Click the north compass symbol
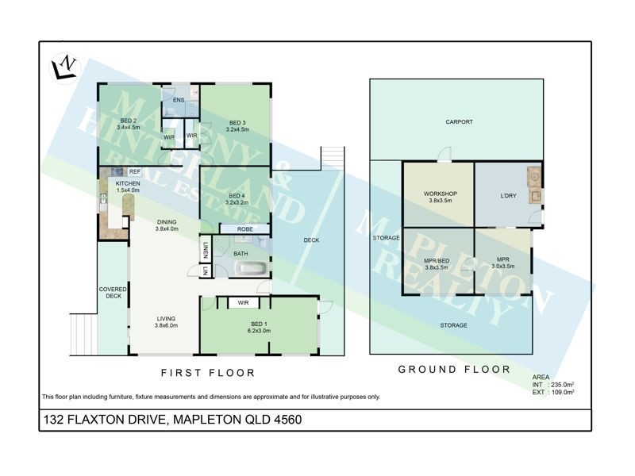pyautogui.click(x=63, y=65)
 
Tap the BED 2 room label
pyautogui.click(x=128, y=121)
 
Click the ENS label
pyautogui.click(x=179, y=100)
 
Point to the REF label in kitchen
pyautogui.click(x=135, y=171)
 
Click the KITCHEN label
pyautogui.click(x=128, y=183)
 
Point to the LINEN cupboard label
pyautogui.click(x=205, y=250)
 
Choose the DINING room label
pyautogui.click(x=165, y=222)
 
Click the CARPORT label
pyautogui.click(x=460, y=121)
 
